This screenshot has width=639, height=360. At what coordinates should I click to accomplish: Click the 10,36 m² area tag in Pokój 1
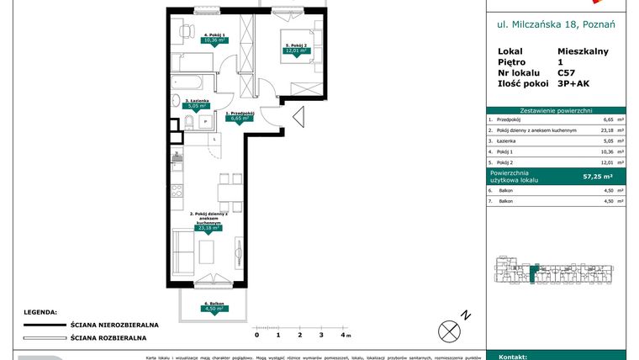pos(198,39)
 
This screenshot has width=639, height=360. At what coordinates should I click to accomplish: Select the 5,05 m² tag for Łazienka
pos(197,106)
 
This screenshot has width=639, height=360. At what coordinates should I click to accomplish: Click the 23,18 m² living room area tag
pos(208,227)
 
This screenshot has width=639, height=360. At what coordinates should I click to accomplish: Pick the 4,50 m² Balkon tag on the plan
pos(213,309)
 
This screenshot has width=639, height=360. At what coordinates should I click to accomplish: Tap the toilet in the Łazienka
pos(189,124)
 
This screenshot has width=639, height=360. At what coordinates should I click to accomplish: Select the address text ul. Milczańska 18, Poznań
pos(557,24)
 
